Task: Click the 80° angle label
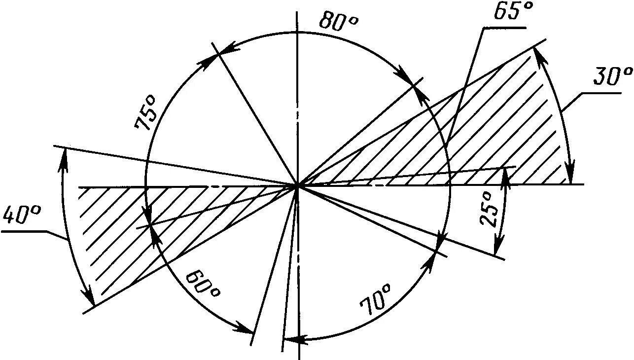(x=339, y=21)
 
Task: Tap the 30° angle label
(x=612, y=78)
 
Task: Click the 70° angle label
(x=377, y=299)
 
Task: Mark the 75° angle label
(x=147, y=113)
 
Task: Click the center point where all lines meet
(x=297, y=185)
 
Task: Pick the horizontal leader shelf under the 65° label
(x=503, y=28)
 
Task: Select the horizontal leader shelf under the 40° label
(x=24, y=231)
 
